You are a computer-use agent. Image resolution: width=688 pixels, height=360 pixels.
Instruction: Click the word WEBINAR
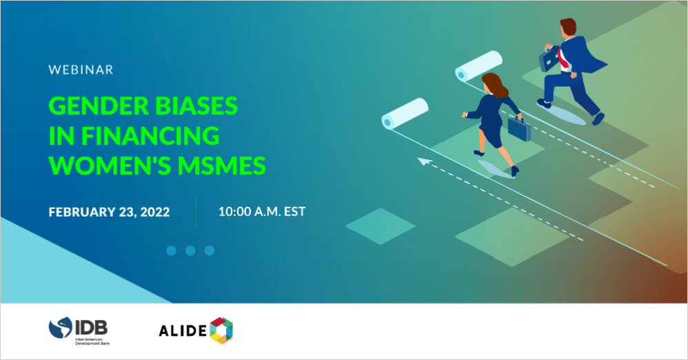coord(81,70)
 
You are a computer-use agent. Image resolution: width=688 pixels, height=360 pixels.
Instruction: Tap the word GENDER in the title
coord(99,106)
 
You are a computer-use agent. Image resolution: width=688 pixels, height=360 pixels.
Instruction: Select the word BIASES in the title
coord(196,106)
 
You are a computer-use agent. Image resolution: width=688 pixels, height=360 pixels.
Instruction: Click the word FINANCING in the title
coord(150,136)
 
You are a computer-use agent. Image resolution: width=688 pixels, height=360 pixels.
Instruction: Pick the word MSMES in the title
coord(221,165)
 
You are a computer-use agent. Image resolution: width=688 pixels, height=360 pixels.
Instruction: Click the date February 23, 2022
coord(109,212)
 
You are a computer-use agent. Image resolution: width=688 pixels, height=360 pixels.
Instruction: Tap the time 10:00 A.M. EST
coord(262,212)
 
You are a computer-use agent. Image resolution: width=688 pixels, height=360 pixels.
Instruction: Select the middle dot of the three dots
coord(190,250)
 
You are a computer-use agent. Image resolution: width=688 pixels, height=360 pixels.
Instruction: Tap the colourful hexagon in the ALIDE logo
coord(221,330)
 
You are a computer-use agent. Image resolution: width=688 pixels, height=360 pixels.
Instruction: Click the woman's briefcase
coord(519,129)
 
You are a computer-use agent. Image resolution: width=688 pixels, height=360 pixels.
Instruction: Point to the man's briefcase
coord(549,59)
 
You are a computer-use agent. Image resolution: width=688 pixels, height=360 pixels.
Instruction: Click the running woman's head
coord(494,85)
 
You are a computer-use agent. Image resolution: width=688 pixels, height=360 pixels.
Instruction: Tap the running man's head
coord(568,27)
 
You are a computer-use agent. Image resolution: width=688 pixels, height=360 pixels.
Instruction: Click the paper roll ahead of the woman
coord(405,113)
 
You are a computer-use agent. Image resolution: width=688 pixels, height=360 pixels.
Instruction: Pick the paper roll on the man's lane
coord(478,66)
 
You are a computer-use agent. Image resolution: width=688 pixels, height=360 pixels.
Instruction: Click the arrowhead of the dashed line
coord(423,161)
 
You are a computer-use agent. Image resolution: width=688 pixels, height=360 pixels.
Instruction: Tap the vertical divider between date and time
coord(196,212)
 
